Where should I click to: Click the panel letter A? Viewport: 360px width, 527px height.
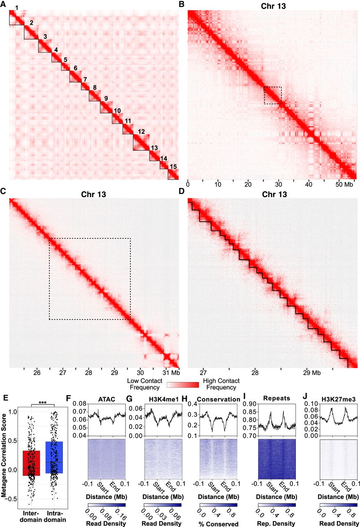tap(3, 5)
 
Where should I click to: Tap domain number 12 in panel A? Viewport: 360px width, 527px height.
tap(142, 132)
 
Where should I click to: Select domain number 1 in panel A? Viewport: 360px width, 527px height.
tap(16, 8)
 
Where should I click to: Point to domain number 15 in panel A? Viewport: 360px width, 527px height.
tap(174, 166)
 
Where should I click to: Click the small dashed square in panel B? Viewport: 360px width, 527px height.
tap(273, 95)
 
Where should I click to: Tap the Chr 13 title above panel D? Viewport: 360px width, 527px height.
tap(271, 194)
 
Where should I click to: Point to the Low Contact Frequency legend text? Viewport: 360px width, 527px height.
tap(144, 384)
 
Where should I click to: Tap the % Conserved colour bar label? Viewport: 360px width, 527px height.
tap(218, 524)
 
